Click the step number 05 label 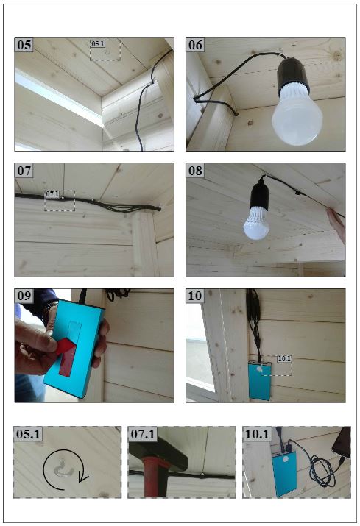pyautogui.click(x=24, y=45)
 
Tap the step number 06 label pyautogui.click(x=195, y=45)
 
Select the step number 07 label pyautogui.click(x=24, y=171)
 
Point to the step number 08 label pyautogui.click(x=195, y=171)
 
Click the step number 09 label pyautogui.click(x=24, y=296)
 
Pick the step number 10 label pyautogui.click(x=195, y=296)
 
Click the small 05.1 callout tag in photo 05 pyautogui.click(x=98, y=43)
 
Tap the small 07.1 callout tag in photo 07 pyautogui.click(x=52, y=194)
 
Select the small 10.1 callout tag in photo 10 pyautogui.click(x=284, y=358)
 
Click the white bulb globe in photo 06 pyautogui.click(x=297, y=118)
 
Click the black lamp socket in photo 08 pyautogui.click(x=258, y=198)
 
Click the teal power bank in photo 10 pyautogui.click(x=260, y=380)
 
